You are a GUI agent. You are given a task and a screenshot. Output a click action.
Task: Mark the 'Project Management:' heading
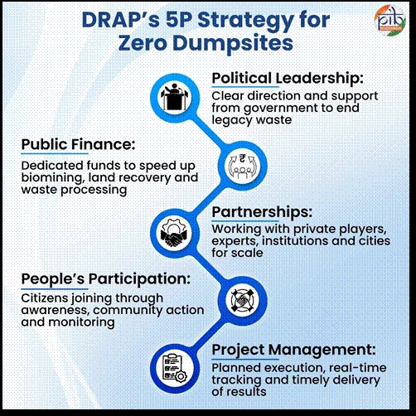288,349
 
